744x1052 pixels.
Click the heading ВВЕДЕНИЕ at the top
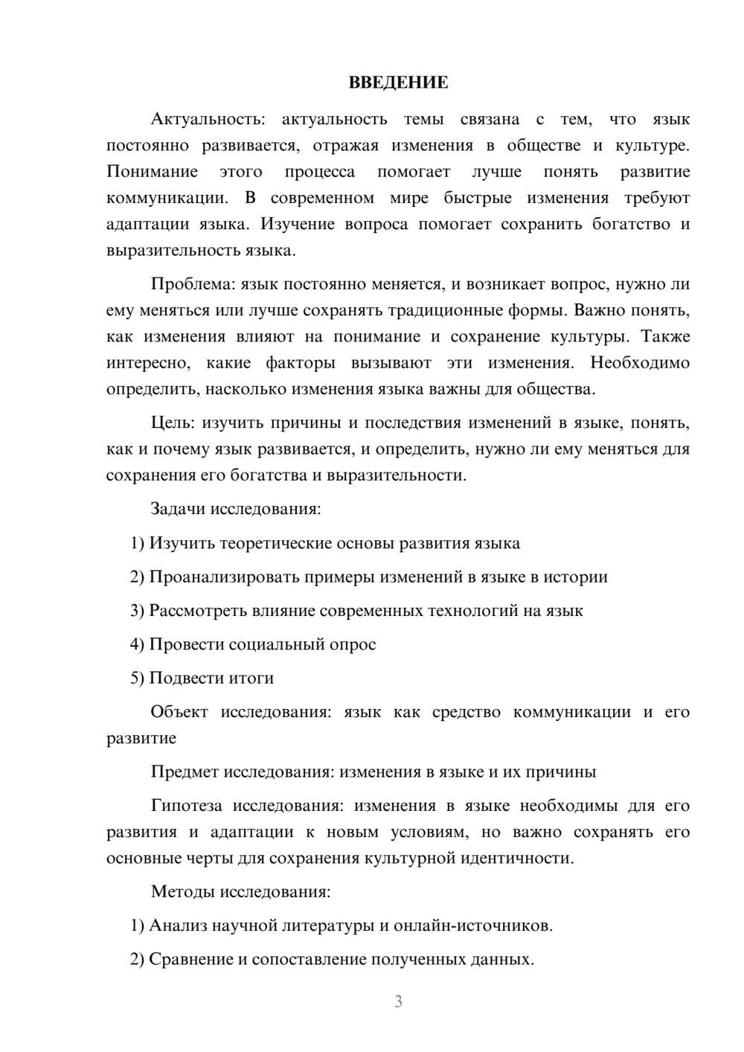(x=398, y=83)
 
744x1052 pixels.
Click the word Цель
(x=173, y=423)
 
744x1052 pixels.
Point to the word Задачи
(x=178, y=510)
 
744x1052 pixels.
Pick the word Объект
(x=179, y=712)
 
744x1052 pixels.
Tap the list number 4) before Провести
(x=137, y=644)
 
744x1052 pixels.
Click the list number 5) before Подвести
(x=137, y=679)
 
